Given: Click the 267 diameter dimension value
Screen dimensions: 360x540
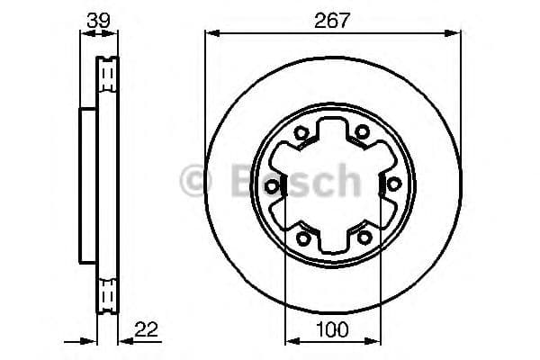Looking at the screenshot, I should pos(331,17).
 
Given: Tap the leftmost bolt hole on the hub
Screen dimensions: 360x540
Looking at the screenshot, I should pos(271,184).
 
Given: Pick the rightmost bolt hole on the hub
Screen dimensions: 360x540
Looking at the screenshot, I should pos(392,184).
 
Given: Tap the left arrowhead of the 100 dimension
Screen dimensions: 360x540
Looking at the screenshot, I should pos(289,342).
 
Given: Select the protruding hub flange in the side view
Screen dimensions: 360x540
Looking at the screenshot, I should pos(87,184).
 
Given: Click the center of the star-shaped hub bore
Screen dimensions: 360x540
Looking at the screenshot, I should pos(331,184).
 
